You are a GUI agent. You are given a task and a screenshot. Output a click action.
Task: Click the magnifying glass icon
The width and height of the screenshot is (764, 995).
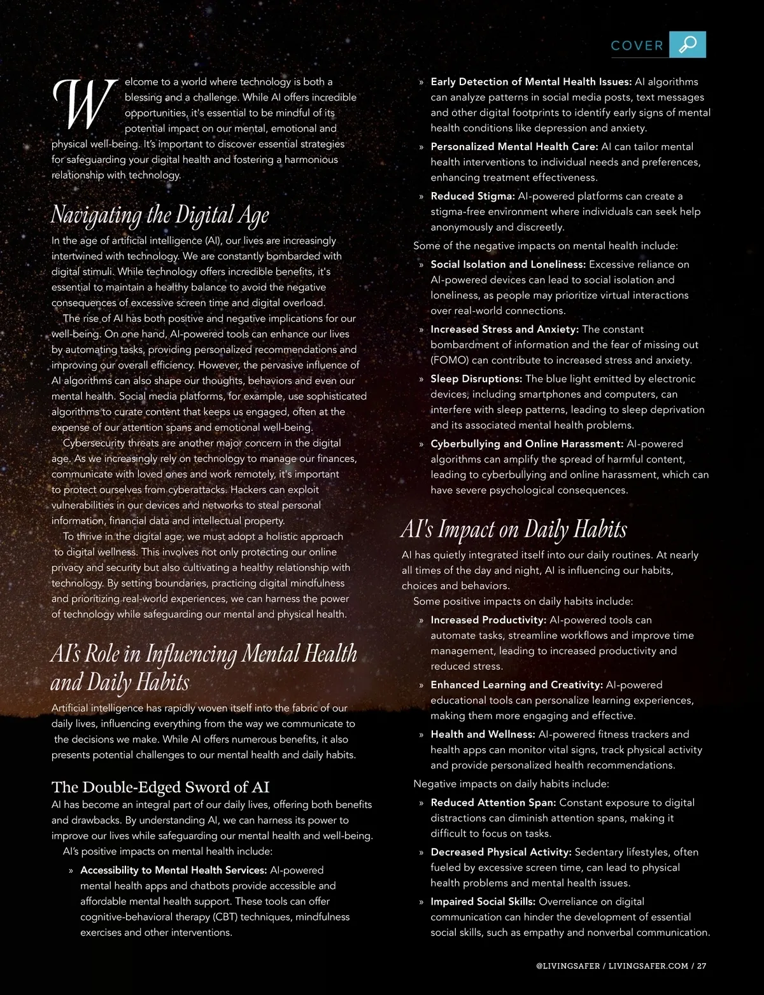point(688,45)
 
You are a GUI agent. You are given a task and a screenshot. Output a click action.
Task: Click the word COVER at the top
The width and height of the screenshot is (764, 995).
point(637,46)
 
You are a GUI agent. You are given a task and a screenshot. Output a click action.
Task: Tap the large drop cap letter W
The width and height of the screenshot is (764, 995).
point(85,103)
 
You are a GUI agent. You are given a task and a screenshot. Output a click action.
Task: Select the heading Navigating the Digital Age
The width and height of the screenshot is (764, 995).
point(160,215)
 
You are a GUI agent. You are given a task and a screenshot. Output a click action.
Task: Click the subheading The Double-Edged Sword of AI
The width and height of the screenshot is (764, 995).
point(160,787)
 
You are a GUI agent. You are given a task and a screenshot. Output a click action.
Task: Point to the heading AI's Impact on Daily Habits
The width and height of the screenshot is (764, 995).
point(514,529)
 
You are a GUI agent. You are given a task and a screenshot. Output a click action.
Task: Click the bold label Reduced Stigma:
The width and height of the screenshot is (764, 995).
point(472,196)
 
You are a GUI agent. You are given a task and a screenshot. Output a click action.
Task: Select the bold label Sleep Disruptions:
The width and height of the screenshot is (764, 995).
point(476,379)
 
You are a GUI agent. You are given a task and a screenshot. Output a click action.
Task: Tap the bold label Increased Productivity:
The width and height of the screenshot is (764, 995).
point(488,620)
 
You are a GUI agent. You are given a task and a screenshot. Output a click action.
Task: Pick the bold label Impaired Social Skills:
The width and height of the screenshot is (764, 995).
point(483,901)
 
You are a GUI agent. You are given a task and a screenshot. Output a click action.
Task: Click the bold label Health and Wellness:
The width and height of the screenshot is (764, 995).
point(483,734)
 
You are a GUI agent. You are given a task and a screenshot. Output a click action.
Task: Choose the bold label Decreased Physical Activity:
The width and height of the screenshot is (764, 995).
point(501,852)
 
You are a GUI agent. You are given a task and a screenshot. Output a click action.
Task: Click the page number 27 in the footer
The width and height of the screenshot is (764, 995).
point(702,966)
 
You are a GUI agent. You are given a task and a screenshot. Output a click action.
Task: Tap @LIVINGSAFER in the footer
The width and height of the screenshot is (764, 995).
point(568,966)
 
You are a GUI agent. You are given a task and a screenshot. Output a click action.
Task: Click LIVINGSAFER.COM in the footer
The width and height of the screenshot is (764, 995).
point(648,966)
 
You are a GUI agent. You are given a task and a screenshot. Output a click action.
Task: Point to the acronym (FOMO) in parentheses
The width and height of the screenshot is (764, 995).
point(449,360)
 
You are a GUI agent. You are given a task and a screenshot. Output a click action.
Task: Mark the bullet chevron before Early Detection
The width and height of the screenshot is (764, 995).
point(421,82)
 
